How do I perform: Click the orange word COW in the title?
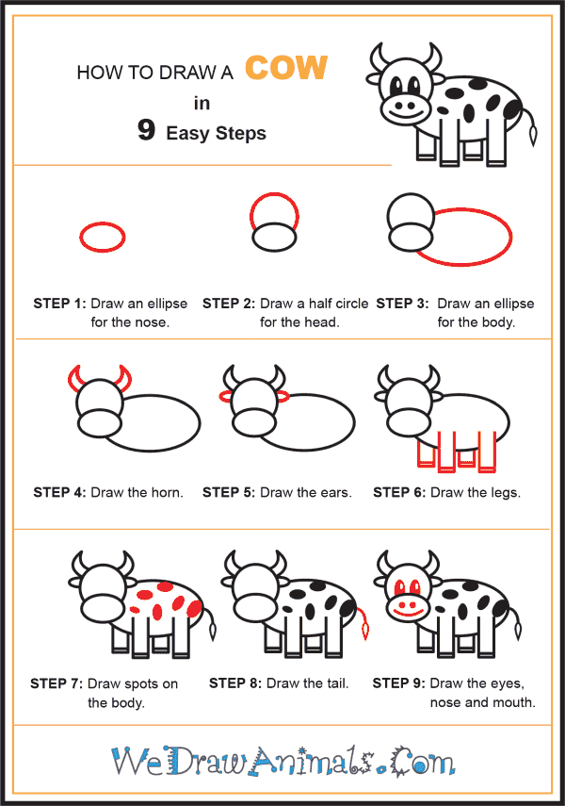click(286, 67)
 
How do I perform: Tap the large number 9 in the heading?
click(146, 130)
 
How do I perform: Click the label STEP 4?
click(59, 492)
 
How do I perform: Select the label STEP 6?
click(399, 492)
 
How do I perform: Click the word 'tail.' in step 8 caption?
click(333, 683)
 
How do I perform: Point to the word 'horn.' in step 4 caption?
click(167, 492)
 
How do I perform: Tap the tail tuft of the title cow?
click(534, 135)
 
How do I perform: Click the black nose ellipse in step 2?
click(274, 237)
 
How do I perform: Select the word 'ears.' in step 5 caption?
click(336, 492)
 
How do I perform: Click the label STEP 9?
click(398, 683)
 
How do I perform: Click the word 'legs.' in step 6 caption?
click(506, 493)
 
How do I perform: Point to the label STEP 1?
click(59, 304)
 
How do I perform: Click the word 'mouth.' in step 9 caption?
click(515, 702)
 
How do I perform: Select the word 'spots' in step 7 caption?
click(141, 684)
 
